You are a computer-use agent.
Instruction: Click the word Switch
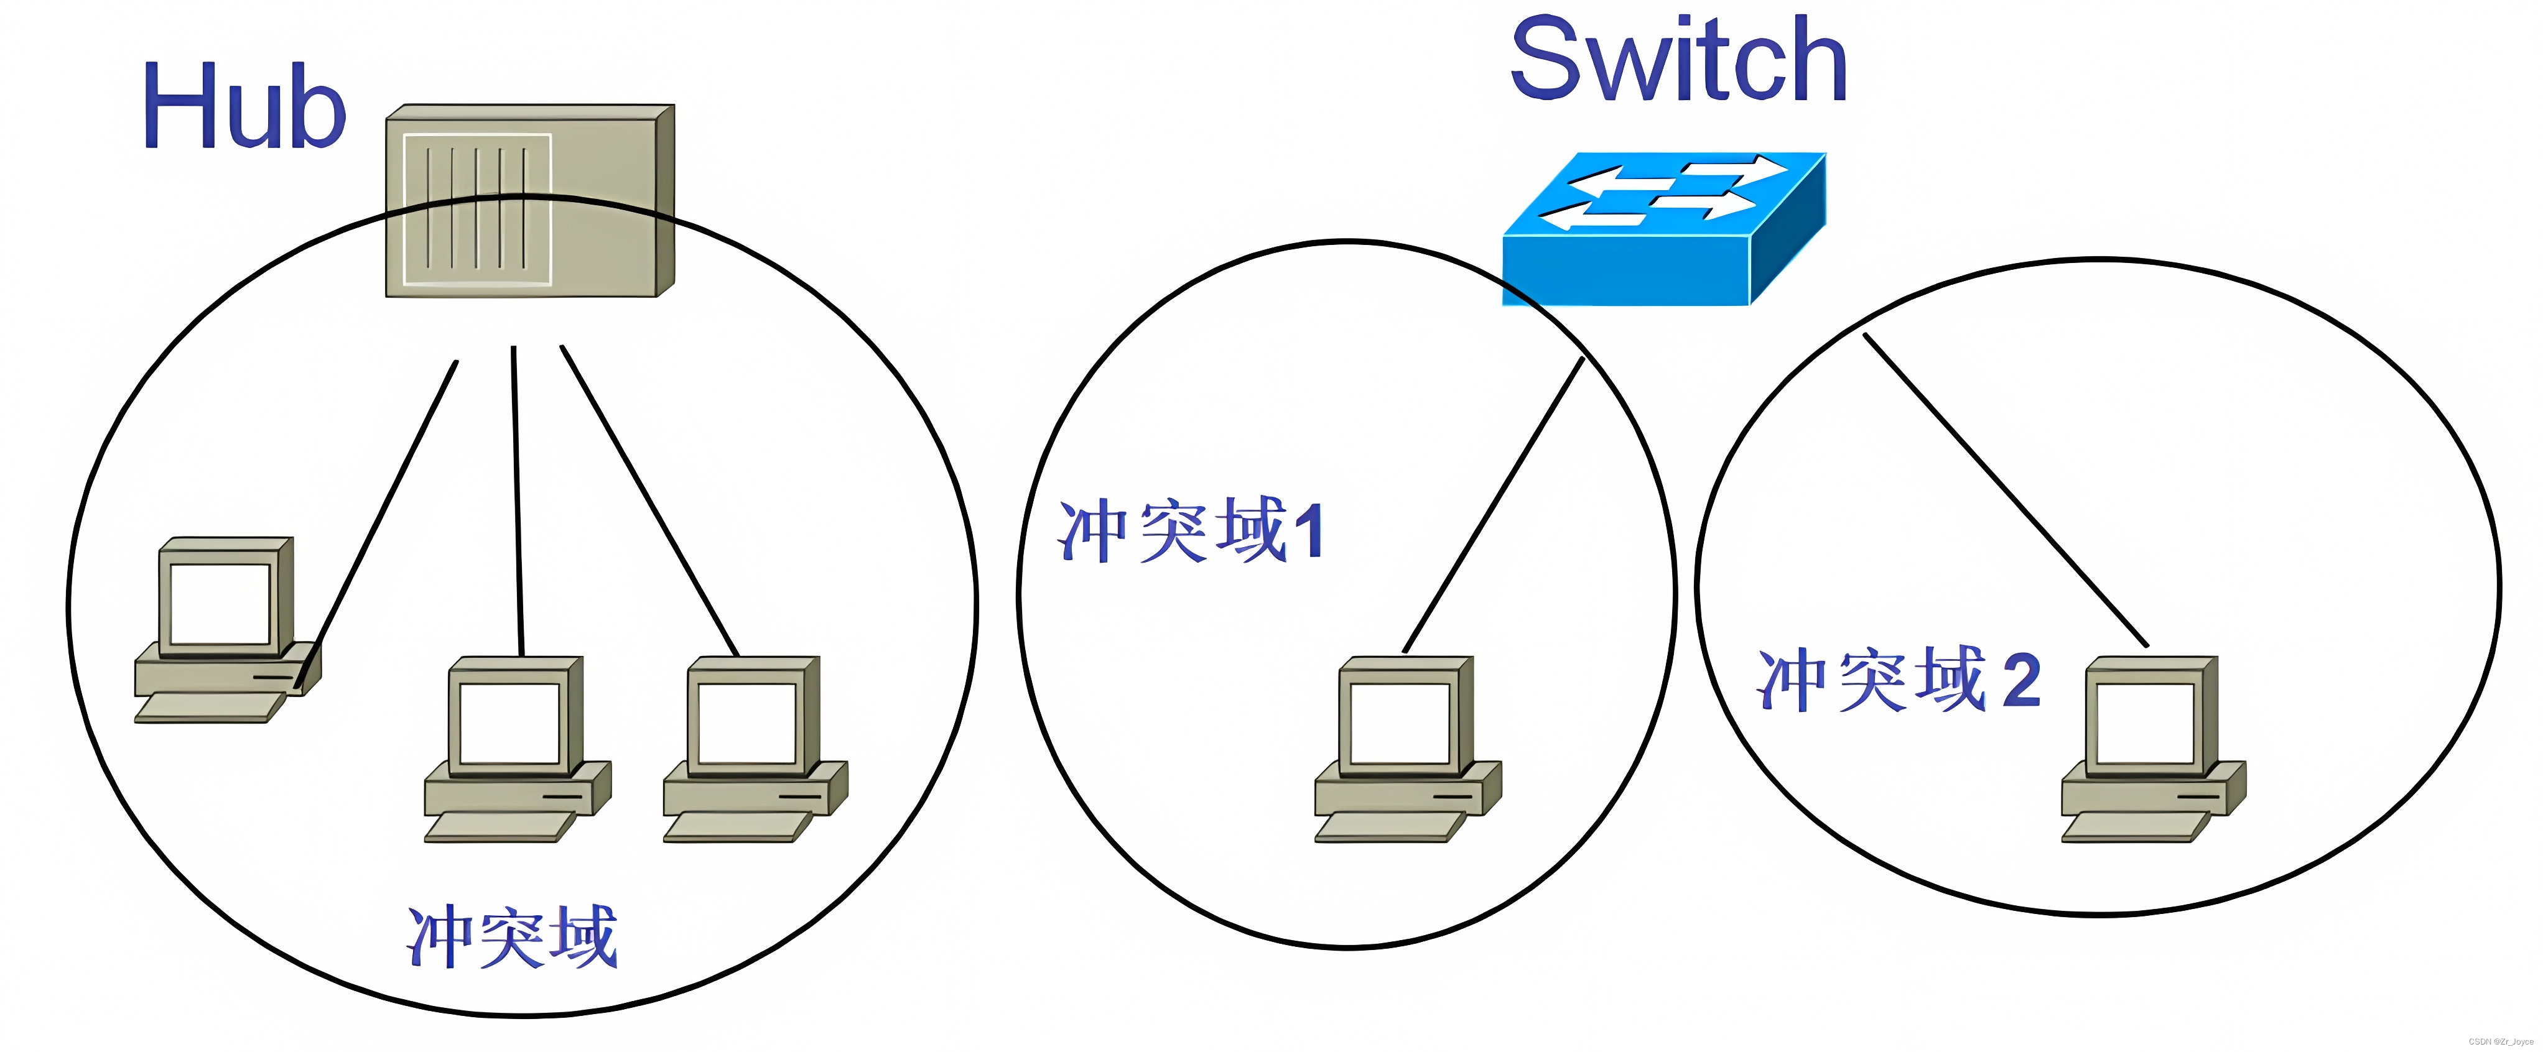click(x=1678, y=61)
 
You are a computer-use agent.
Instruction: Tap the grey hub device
click(x=529, y=201)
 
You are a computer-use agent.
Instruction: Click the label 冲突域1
click(x=1189, y=531)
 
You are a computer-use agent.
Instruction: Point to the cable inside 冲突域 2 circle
click(x=2004, y=489)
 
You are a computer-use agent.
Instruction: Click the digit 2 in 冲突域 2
click(x=2020, y=680)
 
